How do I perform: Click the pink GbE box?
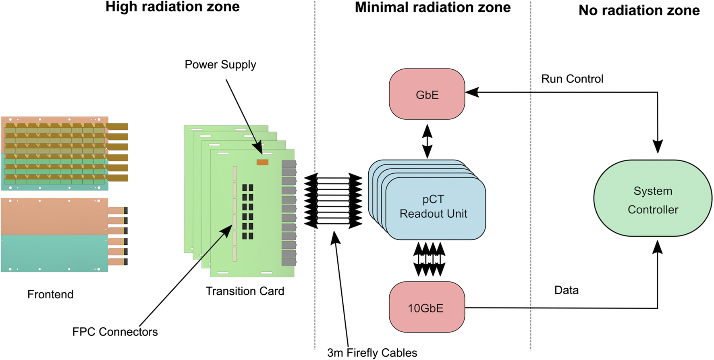[x=427, y=94]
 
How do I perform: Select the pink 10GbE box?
[x=427, y=307]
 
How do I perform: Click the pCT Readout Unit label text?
[x=433, y=206]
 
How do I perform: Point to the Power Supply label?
[x=220, y=65]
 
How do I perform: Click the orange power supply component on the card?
[x=262, y=162]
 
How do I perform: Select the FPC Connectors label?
[x=115, y=332]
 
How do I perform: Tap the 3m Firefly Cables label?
[x=372, y=353]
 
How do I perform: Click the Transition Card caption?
[x=245, y=291]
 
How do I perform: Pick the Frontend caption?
[x=50, y=294]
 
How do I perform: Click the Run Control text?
[x=572, y=79]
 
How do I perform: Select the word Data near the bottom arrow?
[x=566, y=290]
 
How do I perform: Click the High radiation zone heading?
[x=172, y=7]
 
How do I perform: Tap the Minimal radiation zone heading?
[x=432, y=8]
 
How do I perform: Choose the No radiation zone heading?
[x=639, y=10]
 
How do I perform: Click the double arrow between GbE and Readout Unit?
[x=427, y=141]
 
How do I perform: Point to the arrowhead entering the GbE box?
[x=472, y=92]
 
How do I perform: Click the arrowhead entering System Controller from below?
[x=657, y=247]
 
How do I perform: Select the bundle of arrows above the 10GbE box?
[x=429, y=259]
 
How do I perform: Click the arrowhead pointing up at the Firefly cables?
[x=335, y=238]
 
